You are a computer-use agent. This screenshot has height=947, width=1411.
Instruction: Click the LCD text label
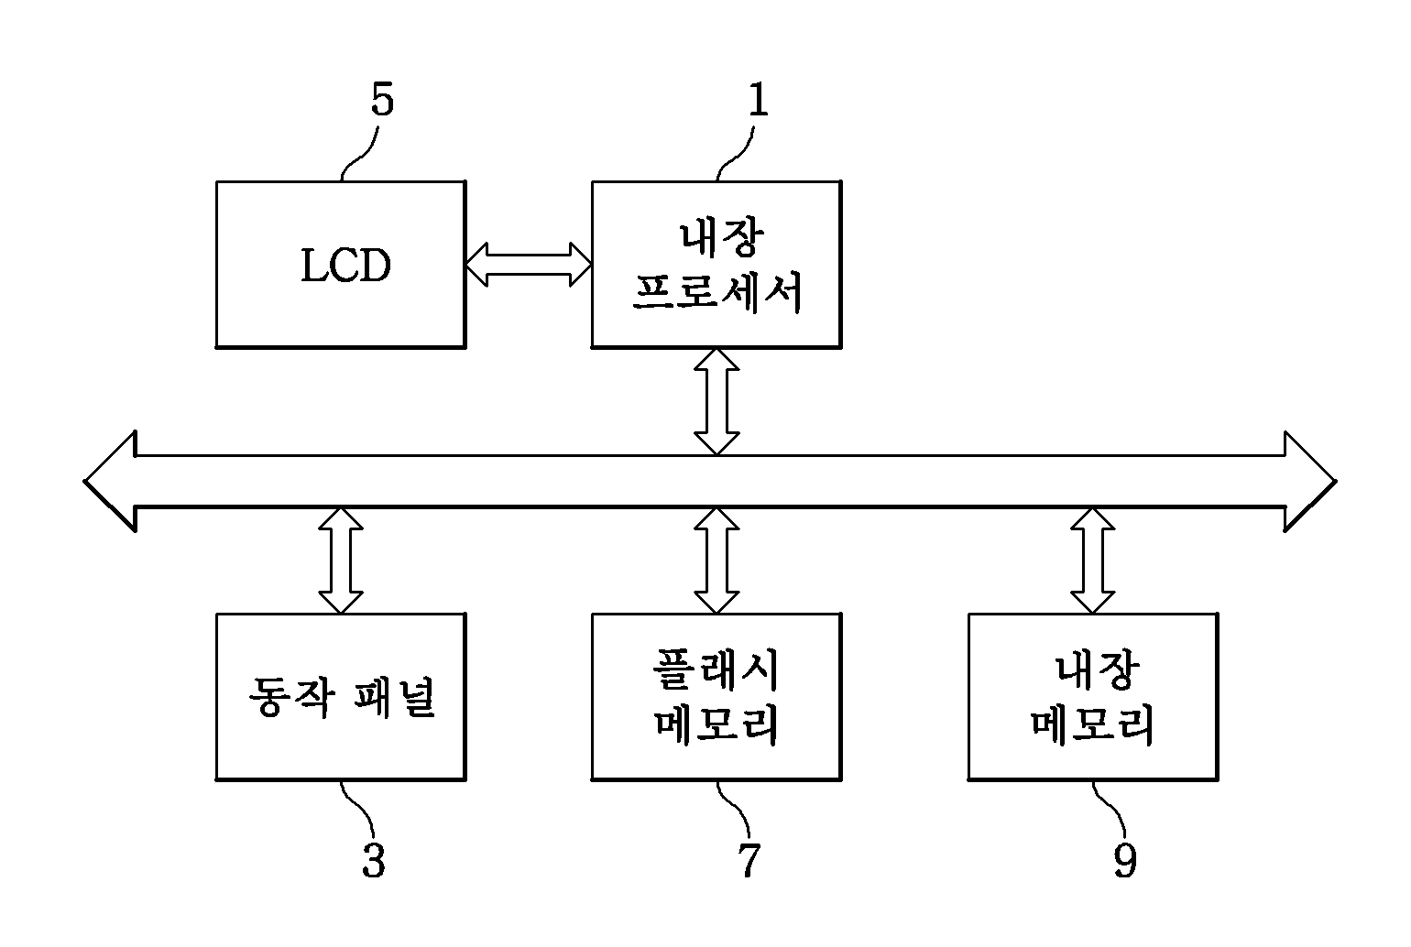[x=345, y=265]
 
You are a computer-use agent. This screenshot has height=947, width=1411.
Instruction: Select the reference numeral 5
[x=382, y=100]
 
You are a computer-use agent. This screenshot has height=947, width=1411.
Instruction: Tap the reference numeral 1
[x=759, y=100]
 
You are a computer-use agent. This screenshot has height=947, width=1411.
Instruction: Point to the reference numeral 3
[x=374, y=860]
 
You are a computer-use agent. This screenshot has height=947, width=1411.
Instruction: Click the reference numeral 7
[x=749, y=860]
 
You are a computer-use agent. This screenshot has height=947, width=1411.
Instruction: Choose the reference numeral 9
[x=1125, y=860]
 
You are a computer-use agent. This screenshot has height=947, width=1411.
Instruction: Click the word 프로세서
[x=717, y=292]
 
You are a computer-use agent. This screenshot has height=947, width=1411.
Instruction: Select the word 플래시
[x=716, y=670]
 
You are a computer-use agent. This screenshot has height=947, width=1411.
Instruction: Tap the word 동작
[x=290, y=698]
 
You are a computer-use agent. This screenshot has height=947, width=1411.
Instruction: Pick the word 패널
[x=395, y=698]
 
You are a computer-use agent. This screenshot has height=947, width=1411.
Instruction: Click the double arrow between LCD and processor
[x=529, y=265]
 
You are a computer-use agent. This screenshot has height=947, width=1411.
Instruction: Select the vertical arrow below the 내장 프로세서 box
[x=716, y=401]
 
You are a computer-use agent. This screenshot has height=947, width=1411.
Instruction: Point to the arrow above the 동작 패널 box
[x=341, y=561]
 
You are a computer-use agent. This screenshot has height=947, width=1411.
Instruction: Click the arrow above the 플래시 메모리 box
[x=716, y=561]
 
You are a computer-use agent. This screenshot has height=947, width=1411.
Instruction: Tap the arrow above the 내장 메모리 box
[x=1093, y=561]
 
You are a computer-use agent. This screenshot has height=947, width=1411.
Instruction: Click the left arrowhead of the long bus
[x=110, y=482]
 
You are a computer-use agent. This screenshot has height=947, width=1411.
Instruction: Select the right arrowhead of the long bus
[x=1310, y=482]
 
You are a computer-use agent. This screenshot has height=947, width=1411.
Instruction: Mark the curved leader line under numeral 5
[x=360, y=154]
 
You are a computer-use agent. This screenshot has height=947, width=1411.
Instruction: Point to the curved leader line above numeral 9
[x=1110, y=810]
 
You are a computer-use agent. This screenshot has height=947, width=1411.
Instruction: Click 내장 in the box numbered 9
[x=1098, y=670]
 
